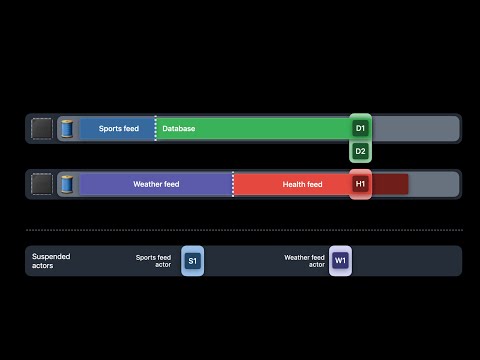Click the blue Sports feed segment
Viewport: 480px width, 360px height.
(118, 129)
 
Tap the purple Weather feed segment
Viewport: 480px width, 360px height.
(155, 184)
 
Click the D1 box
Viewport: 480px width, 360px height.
(361, 129)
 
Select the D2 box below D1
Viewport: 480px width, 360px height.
(361, 151)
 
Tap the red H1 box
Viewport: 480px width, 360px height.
(361, 184)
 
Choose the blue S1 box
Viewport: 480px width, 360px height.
(193, 261)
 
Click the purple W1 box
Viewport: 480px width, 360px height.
(341, 261)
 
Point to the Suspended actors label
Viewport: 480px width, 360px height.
(51, 261)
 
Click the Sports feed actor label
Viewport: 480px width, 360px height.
(154, 261)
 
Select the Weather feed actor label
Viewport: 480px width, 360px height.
(304, 261)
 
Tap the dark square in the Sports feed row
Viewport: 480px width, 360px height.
(42, 129)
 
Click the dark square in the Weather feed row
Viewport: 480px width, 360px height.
(42, 184)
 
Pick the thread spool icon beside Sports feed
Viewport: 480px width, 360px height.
(68, 129)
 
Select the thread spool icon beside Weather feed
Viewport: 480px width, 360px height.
(68, 184)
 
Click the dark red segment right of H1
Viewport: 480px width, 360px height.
(391, 184)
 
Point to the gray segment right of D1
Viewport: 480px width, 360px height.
(414, 129)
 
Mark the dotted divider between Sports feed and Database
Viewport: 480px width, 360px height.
(156, 129)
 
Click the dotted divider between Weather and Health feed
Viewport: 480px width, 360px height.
(233, 184)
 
